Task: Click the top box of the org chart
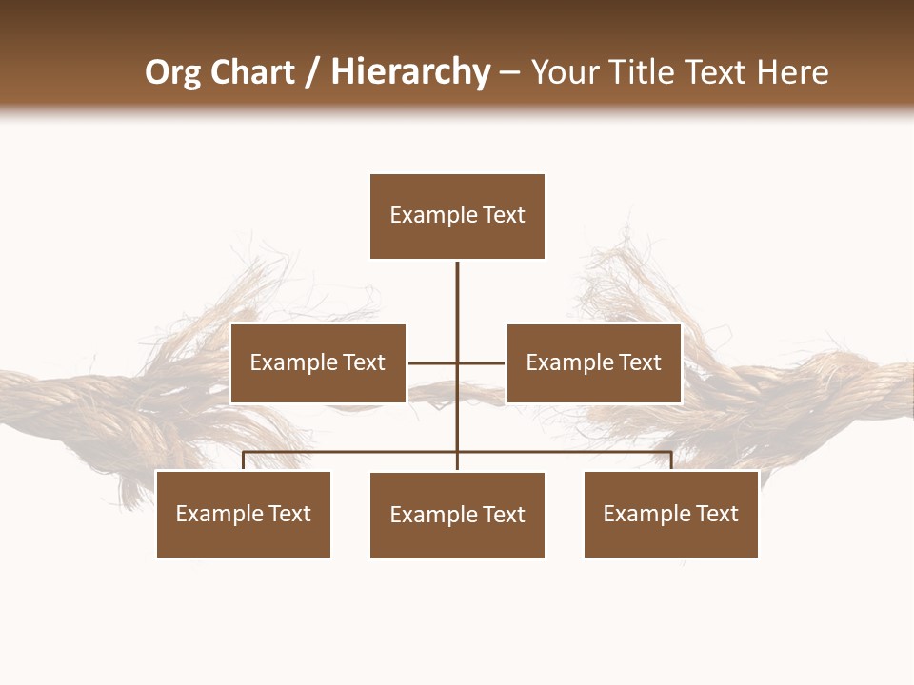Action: (457, 216)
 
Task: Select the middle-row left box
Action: (318, 363)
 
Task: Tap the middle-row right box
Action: (593, 363)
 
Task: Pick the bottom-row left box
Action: (244, 514)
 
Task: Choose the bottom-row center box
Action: (457, 515)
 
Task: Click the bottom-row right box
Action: (671, 514)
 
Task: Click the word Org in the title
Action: (172, 73)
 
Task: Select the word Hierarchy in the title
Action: (410, 72)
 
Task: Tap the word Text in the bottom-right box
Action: (716, 514)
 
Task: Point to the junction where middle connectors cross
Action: (457, 362)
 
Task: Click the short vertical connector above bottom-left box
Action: (244, 461)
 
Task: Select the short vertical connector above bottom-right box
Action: (671, 461)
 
